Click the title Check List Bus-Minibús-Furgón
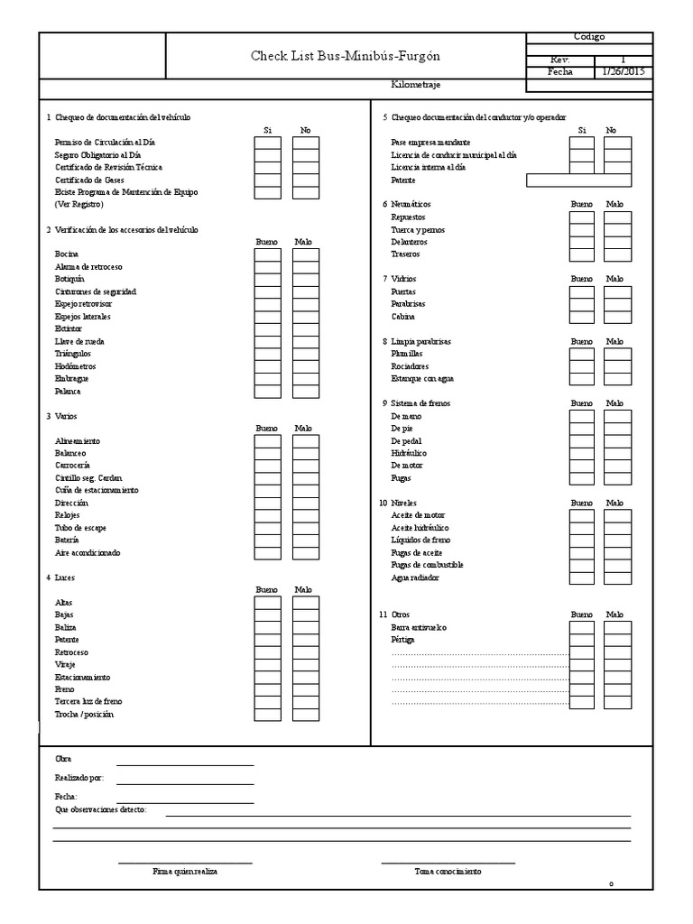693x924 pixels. coord(346,56)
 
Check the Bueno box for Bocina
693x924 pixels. coord(267,254)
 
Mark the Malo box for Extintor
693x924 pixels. coord(306,329)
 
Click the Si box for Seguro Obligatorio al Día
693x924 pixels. coord(267,155)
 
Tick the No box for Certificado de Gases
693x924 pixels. coord(306,180)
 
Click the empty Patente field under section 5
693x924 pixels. coord(590,180)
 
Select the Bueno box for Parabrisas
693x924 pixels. coord(582,304)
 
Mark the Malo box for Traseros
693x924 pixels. coord(617,254)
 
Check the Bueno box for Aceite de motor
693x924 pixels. coord(582,515)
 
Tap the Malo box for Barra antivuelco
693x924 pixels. coord(617,627)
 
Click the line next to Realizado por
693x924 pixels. coord(185,778)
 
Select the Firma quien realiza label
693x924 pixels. coord(185,872)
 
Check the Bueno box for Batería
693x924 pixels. coord(267,540)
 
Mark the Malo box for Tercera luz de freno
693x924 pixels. coord(306,701)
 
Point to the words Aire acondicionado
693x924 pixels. coord(88,552)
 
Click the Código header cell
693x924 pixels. coord(589,37)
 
